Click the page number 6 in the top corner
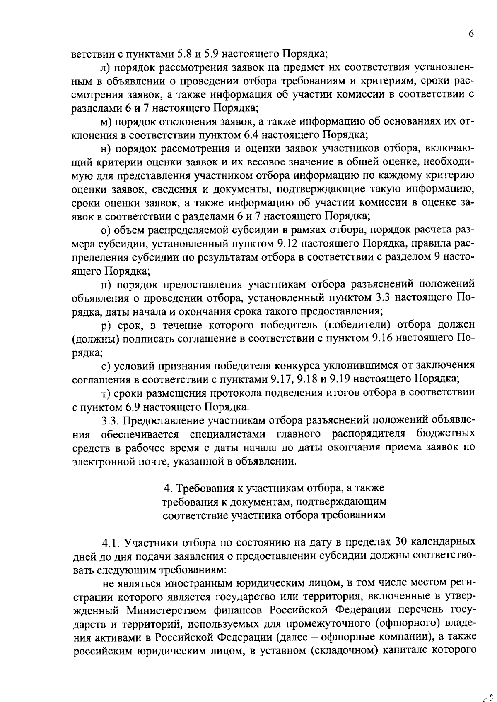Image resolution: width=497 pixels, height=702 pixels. point(471,34)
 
